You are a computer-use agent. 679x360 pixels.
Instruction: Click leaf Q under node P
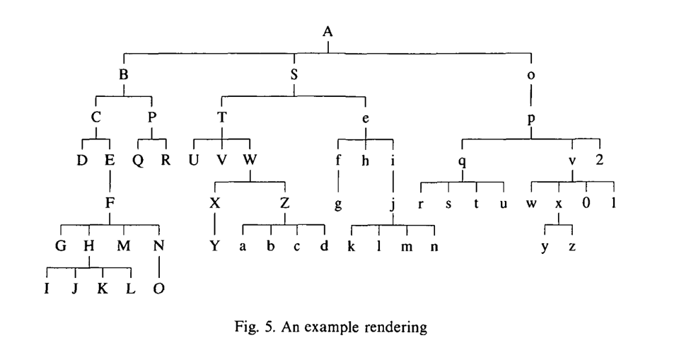[x=139, y=161]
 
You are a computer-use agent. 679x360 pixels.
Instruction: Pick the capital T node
[x=222, y=117]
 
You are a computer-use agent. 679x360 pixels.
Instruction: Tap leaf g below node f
[x=338, y=204]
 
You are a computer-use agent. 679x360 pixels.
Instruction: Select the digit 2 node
[x=599, y=161]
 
